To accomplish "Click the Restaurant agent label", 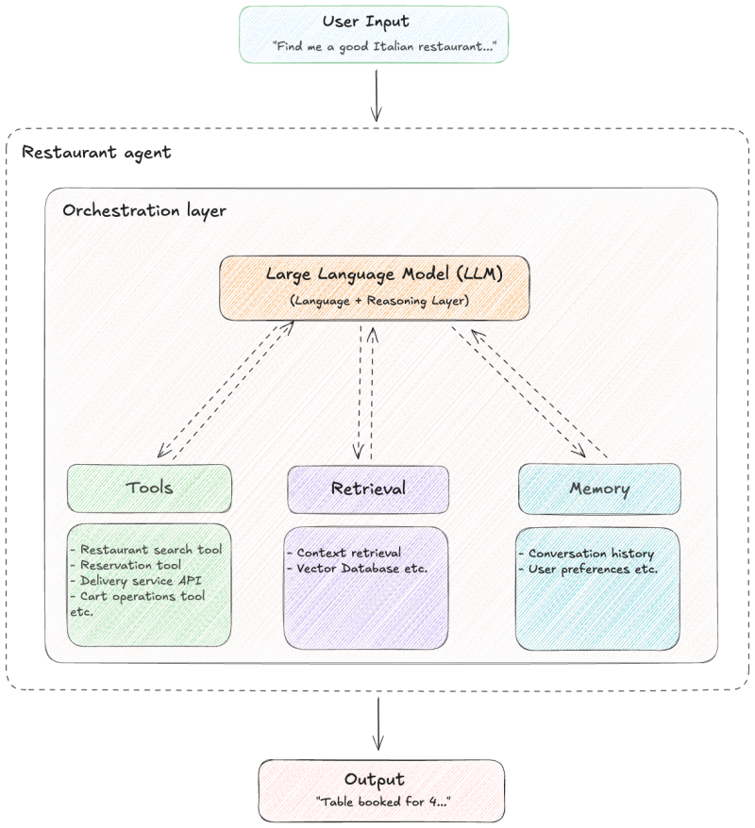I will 96,152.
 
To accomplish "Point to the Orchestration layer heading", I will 143,210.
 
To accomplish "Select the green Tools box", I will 149,488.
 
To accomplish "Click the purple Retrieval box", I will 367,489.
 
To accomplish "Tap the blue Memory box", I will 599,489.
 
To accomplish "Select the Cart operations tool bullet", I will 142,596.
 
